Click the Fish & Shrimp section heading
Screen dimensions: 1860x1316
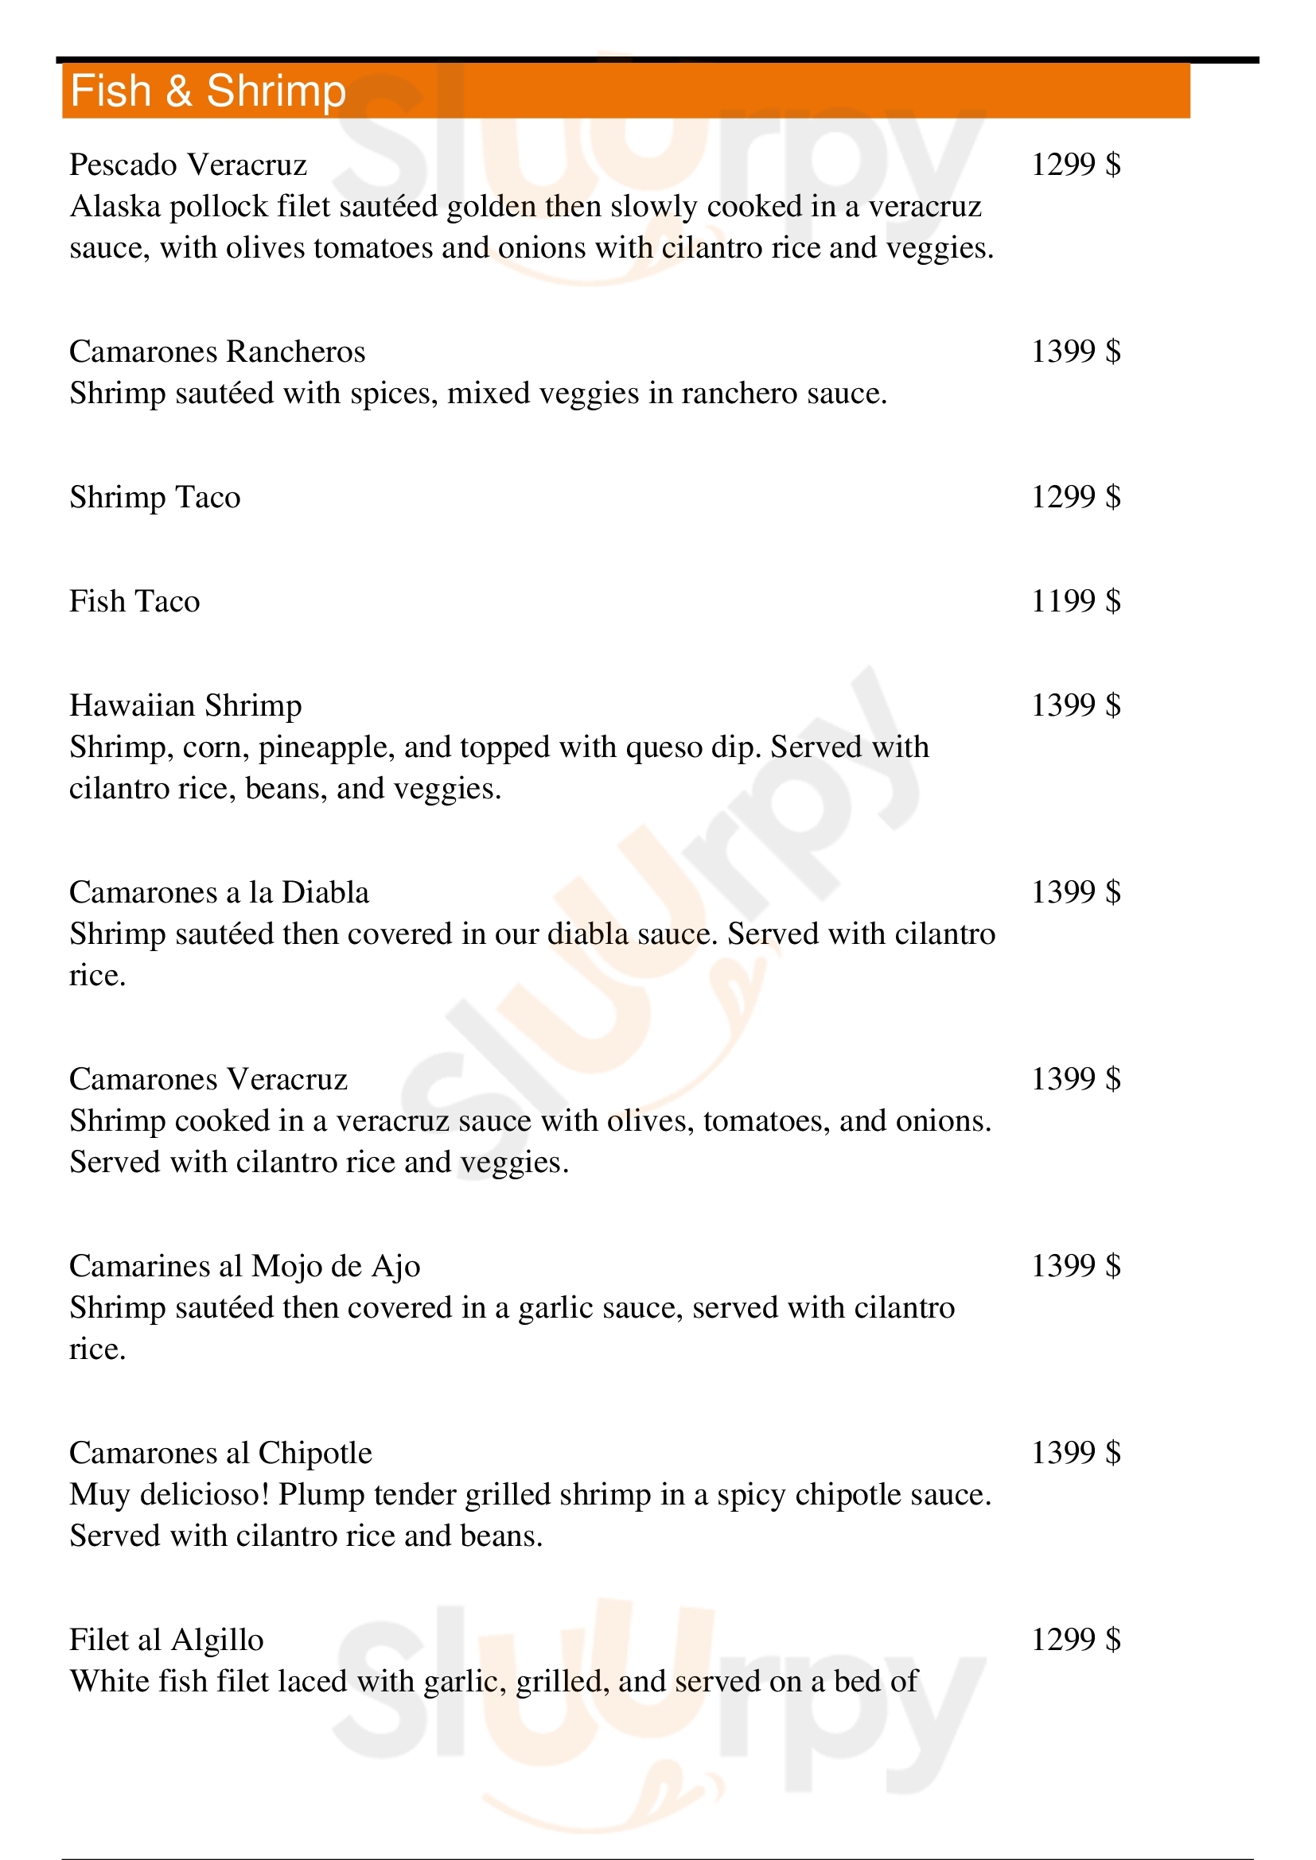(x=208, y=91)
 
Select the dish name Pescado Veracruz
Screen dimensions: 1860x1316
(x=188, y=165)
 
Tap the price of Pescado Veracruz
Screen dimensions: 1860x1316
(x=1076, y=165)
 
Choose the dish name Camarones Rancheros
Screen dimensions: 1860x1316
(x=217, y=351)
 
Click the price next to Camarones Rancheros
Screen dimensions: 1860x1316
(x=1076, y=351)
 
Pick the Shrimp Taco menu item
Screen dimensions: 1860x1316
(x=155, y=496)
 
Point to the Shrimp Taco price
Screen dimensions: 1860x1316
(x=1076, y=496)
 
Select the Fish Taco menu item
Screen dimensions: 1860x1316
(x=134, y=601)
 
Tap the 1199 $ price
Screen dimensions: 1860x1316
(x=1076, y=601)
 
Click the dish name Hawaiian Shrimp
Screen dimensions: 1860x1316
(x=185, y=705)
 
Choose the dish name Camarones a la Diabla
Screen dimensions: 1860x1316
(x=219, y=892)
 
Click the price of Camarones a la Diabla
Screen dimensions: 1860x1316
(x=1076, y=892)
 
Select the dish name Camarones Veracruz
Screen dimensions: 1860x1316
(x=208, y=1079)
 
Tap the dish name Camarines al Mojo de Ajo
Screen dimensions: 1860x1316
(x=245, y=1266)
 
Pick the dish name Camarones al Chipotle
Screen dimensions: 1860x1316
(x=220, y=1453)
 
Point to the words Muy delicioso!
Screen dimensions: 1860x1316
(x=169, y=1495)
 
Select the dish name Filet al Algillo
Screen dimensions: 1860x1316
(x=166, y=1640)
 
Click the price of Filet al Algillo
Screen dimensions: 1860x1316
(x=1076, y=1640)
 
